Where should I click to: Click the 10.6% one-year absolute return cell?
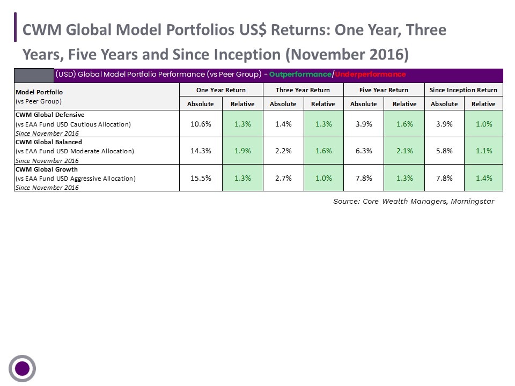pos(201,124)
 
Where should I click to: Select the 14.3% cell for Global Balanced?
pos(201,151)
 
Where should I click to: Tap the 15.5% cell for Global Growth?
pos(201,178)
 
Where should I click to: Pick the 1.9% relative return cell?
pos(242,151)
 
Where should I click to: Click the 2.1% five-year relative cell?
pos(404,151)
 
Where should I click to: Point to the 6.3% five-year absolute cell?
pos(364,151)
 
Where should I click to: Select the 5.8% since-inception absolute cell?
pos(444,151)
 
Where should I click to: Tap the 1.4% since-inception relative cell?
pos(484,178)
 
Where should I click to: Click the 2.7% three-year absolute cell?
pos(283,178)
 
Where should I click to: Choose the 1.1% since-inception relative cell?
pos(484,151)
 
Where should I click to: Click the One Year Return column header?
pos(221,90)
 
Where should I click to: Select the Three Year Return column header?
pos(303,90)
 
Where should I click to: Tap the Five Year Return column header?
pos(384,90)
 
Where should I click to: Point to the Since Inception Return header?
pos(464,90)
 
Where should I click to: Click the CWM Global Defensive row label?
pos(50,115)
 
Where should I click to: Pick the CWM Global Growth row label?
pos(47,169)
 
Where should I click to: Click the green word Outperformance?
pos(300,75)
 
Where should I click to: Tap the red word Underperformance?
pos(370,75)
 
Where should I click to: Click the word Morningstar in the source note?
pos(472,201)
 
